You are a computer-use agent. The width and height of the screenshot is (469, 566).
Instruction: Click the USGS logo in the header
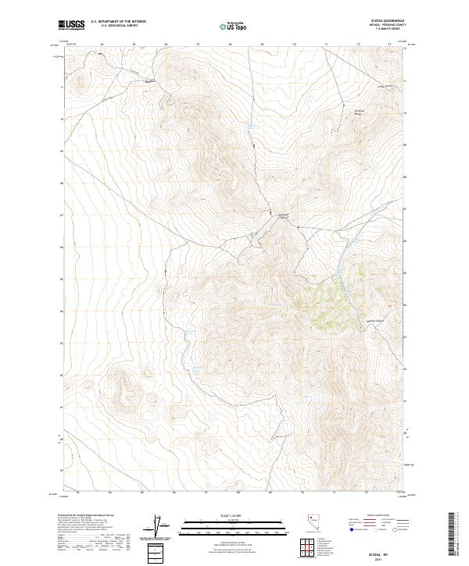pyautogui.click(x=72, y=26)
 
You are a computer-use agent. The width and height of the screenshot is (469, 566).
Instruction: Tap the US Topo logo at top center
pyautogui.click(x=234, y=26)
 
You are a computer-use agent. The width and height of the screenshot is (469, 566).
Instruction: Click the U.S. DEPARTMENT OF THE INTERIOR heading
pyautogui.click(x=118, y=22)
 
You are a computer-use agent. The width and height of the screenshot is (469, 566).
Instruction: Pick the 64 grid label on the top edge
pyautogui.click(x=102, y=44)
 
